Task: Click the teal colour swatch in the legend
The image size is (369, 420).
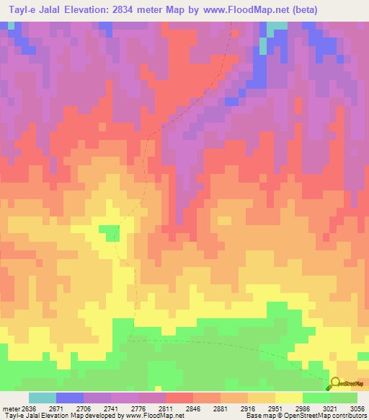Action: click(x=43, y=398)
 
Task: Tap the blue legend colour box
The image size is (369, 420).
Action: click(x=70, y=398)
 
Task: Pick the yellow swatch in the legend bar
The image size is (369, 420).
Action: click(x=289, y=398)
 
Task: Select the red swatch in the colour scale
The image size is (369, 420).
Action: click(x=179, y=398)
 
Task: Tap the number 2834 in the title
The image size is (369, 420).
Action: click(x=127, y=9)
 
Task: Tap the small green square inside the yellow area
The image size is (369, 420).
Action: click(x=109, y=232)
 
